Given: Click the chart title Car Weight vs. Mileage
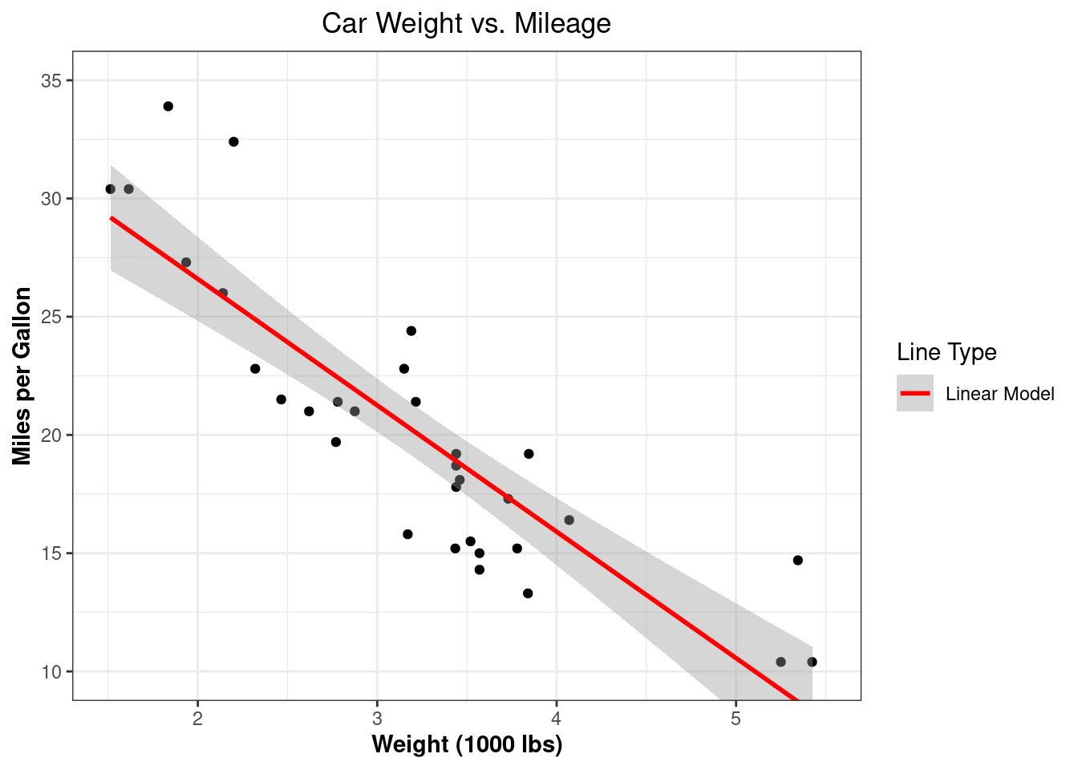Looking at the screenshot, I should point(466,23).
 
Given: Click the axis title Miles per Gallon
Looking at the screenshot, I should point(22,375).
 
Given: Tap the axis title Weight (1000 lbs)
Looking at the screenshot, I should point(467,744).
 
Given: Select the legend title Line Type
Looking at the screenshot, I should point(946,352).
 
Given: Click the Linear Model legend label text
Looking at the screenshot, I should point(999,394).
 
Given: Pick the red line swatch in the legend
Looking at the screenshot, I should point(915,394).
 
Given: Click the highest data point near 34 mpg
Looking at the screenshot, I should point(168,106).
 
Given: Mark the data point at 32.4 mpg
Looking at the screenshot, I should point(233,142).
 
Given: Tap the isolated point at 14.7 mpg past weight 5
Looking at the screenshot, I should point(797,560).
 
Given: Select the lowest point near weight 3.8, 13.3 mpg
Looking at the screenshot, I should point(528,594).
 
